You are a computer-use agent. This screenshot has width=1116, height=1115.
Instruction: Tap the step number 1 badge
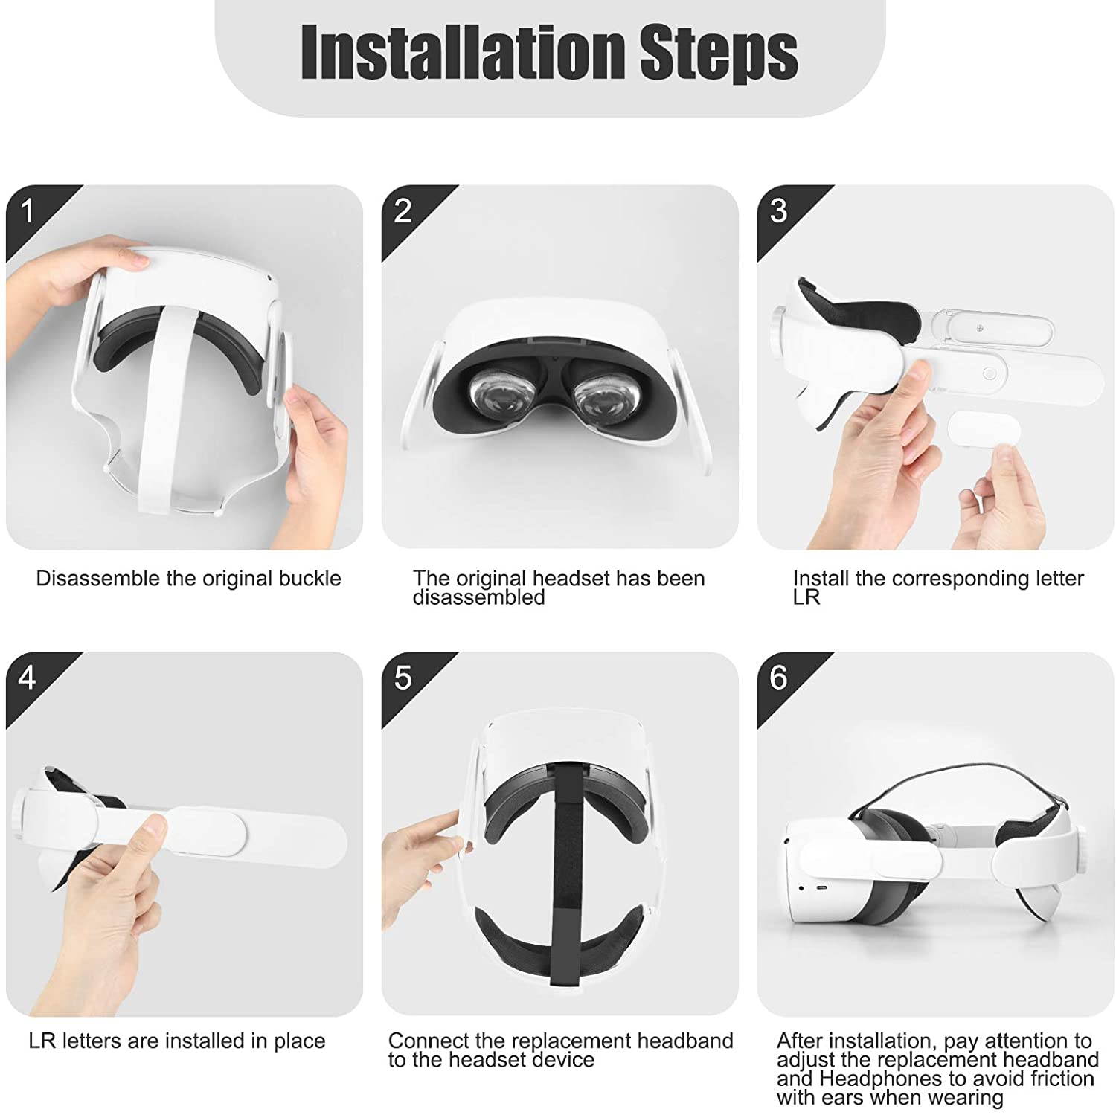[28, 211]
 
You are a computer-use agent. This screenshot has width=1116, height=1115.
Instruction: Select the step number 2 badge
[403, 211]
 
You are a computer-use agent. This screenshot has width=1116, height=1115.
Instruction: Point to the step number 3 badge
[778, 211]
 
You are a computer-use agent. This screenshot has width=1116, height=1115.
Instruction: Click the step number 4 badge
[28, 678]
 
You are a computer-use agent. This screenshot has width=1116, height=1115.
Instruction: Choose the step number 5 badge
[403, 678]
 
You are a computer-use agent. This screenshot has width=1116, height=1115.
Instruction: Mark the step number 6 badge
[778, 678]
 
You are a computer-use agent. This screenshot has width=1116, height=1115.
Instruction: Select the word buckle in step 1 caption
[309, 579]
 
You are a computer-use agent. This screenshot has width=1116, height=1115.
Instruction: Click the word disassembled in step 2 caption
[478, 597]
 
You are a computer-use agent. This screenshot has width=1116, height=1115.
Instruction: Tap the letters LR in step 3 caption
[806, 597]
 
